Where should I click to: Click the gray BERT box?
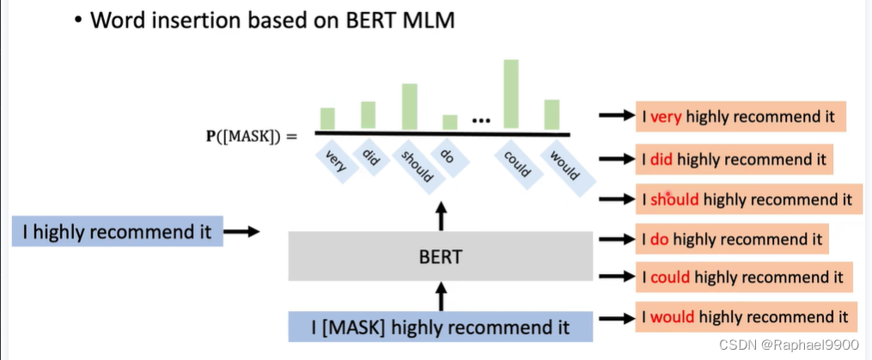point(441,256)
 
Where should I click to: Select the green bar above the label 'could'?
point(511,95)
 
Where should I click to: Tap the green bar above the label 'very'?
point(327,119)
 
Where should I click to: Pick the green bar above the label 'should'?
point(410,107)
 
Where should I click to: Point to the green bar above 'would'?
point(552,114)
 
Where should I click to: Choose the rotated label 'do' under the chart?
point(447,156)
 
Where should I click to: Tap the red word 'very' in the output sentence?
point(665,115)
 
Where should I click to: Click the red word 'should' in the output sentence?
point(676,199)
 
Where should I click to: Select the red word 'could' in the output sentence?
point(670,278)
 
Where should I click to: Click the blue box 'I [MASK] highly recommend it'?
point(441,327)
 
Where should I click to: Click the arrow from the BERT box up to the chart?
point(442,216)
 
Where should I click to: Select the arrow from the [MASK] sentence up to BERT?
point(442,296)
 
